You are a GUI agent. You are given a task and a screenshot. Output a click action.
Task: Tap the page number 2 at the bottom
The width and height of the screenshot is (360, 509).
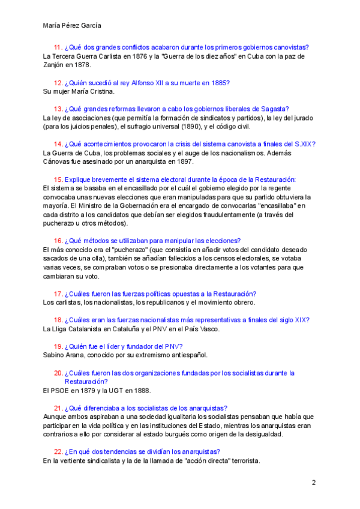point(313,483)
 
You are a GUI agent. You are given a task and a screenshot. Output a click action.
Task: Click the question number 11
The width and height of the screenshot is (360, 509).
point(58,47)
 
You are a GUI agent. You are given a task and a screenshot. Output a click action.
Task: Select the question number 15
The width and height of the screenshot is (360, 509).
point(58,179)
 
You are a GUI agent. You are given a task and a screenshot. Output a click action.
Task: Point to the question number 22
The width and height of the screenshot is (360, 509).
point(58,451)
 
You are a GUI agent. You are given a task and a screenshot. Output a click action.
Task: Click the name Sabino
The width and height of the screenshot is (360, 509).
point(55,355)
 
